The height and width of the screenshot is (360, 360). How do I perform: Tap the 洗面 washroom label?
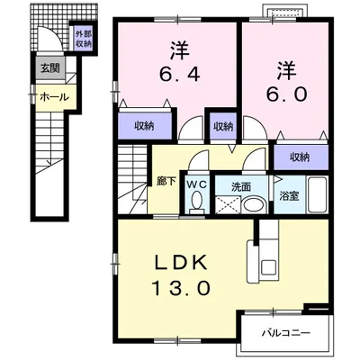click(240, 188)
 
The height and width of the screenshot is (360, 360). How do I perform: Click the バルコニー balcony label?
click(287, 332)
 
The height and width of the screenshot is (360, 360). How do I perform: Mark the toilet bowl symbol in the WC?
click(197, 203)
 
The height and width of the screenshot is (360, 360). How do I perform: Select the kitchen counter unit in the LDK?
click(268, 256)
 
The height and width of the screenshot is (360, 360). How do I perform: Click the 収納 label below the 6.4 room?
click(145, 126)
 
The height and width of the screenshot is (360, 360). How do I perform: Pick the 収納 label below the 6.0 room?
click(300, 157)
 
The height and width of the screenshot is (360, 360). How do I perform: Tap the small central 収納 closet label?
click(222, 126)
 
